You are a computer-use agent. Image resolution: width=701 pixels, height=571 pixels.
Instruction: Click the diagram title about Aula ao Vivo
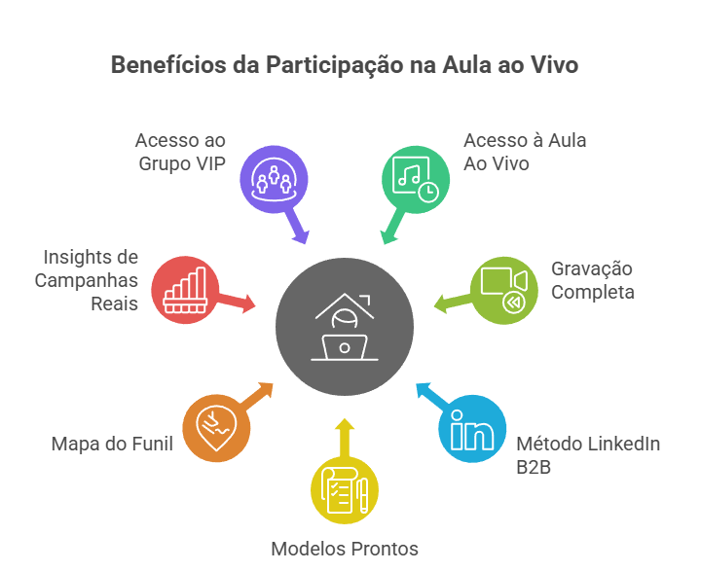(344, 66)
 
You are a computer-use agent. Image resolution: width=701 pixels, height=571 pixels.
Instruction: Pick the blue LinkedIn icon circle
(472, 430)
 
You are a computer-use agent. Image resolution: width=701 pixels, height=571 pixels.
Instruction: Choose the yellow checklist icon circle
(345, 492)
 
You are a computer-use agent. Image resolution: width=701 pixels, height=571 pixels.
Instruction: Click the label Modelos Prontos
(345, 549)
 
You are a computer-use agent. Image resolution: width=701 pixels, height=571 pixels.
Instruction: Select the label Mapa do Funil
(112, 445)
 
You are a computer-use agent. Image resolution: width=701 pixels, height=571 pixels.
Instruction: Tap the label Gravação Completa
(593, 280)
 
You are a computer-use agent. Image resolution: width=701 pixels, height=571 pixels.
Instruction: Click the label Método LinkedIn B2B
(588, 454)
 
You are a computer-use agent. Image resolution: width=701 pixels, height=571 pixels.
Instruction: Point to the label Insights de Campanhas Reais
(88, 280)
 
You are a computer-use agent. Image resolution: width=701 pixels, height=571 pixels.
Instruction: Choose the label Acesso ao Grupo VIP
(180, 152)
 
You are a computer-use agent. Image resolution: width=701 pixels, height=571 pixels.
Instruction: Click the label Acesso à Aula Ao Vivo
(525, 152)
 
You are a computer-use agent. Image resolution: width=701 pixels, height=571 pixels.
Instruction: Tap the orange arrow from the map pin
(256, 394)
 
